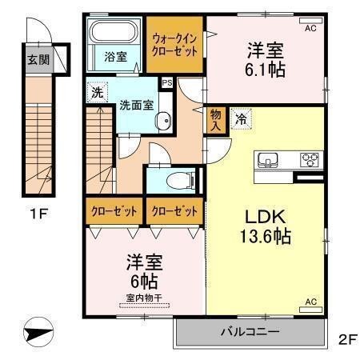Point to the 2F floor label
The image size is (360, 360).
pyautogui.click(x=346, y=338)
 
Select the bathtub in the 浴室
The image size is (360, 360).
pyautogui.click(x=114, y=34)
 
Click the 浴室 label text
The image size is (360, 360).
pyautogui.click(x=114, y=57)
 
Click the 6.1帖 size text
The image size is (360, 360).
pyautogui.click(x=265, y=70)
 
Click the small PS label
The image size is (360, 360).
pyautogui.click(x=167, y=82)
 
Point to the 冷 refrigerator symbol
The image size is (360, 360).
pyautogui.click(x=241, y=118)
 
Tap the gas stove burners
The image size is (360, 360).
pyautogui.click(x=310, y=159)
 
